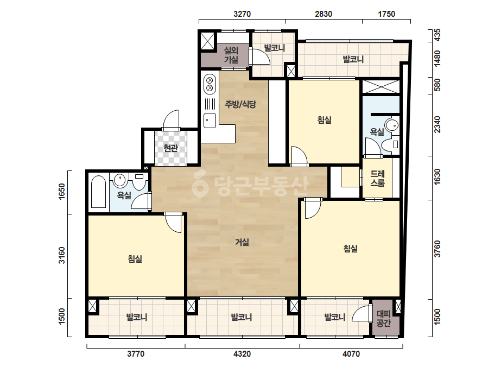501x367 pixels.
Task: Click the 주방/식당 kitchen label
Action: pos(240,104)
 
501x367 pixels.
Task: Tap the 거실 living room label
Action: pos(242,242)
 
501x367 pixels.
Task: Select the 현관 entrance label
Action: pos(170,148)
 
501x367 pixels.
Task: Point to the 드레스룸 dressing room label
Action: pos(377,179)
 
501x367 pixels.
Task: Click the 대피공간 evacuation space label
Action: pos(383,318)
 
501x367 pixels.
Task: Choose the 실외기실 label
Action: pos(231,55)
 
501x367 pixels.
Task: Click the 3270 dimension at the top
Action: pos(242,14)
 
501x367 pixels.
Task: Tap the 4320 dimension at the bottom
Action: pos(242,354)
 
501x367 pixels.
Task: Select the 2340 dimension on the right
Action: pos(437,125)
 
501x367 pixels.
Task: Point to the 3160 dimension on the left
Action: pos(61,255)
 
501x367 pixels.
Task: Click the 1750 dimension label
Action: pos(386,14)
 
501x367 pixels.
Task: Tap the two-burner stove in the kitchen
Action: pos(210,83)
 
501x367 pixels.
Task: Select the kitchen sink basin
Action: pos(210,121)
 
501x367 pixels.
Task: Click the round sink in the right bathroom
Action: pos(392,125)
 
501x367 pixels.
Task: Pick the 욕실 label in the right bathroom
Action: pos(377,132)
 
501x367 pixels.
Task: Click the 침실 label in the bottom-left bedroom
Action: pos(135,258)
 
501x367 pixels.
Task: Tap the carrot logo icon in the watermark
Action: pos(200,184)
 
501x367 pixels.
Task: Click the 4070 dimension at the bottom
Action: pos(351,354)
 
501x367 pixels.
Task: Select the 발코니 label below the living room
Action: pos(242,317)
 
